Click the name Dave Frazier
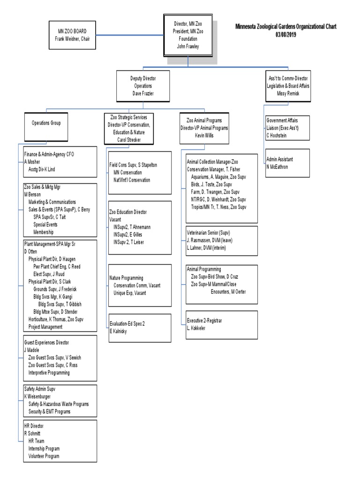[x=143, y=94]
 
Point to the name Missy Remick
[x=287, y=94]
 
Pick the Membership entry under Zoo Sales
[x=44, y=232]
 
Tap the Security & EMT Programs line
[x=49, y=412]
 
